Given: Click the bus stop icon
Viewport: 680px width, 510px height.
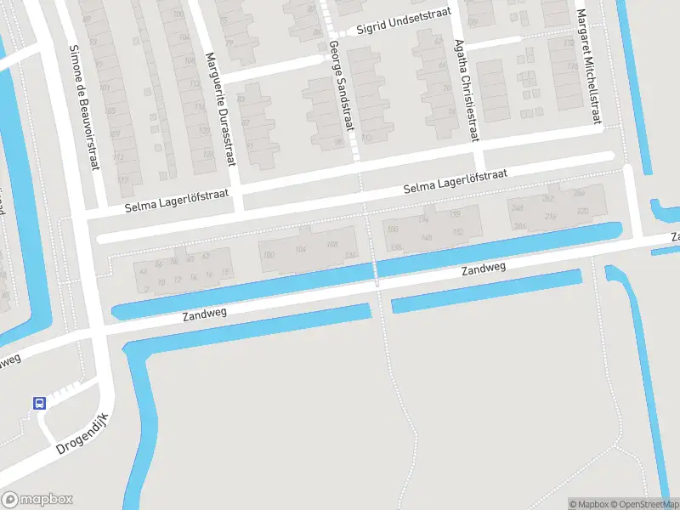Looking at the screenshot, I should coord(40,403).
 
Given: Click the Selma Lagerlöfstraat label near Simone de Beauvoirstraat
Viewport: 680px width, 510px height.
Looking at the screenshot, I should coord(177,201).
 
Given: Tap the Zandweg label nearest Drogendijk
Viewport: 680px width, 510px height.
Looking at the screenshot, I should coord(205,314).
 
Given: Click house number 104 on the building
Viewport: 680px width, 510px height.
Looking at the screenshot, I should coord(299,250).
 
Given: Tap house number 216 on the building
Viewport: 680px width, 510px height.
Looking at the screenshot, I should coord(551,218).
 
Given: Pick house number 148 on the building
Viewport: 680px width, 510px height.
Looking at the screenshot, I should coord(426,237).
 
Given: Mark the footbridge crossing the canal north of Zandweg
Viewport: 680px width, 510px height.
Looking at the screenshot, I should coord(375,271).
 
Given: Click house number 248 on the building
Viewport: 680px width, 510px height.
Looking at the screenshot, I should coord(516,207).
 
